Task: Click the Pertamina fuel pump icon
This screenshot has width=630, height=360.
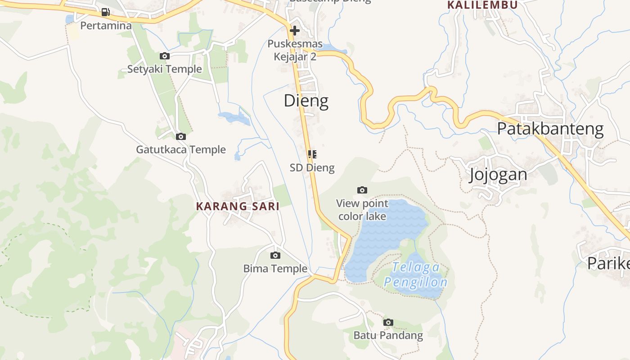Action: click(x=105, y=12)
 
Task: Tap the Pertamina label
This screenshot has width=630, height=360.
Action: click(x=106, y=26)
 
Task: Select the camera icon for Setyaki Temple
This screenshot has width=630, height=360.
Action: click(x=165, y=56)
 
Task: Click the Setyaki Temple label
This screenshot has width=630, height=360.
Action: click(x=164, y=69)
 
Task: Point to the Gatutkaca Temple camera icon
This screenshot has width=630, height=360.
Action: click(x=181, y=136)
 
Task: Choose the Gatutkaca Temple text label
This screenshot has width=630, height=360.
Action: click(x=181, y=149)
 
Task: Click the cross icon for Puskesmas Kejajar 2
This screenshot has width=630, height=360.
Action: click(x=295, y=31)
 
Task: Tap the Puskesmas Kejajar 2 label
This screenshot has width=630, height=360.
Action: click(x=295, y=50)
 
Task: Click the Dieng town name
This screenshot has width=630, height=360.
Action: click(x=306, y=101)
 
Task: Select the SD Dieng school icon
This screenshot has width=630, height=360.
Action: click(x=312, y=154)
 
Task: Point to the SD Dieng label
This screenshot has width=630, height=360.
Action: click(x=312, y=168)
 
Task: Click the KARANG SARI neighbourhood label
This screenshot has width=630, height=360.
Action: click(x=238, y=207)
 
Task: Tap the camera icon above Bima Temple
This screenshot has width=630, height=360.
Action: click(x=275, y=255)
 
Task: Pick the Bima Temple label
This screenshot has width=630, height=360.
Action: click(x=275, y=269)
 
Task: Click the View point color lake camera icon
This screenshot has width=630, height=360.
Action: click(x=362, y=190)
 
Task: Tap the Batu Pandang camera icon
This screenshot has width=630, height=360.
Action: click(x=388, y=322)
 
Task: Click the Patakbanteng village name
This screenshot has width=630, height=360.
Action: click(x=550, y=129)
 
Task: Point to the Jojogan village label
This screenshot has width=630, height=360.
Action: click(x=498, y=174)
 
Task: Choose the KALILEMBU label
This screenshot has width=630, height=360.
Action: click(x=482, y=5)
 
